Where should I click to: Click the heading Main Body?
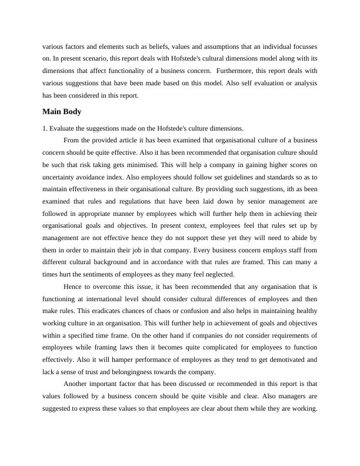62,111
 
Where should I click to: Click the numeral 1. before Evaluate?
45,128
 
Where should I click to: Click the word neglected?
218,275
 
